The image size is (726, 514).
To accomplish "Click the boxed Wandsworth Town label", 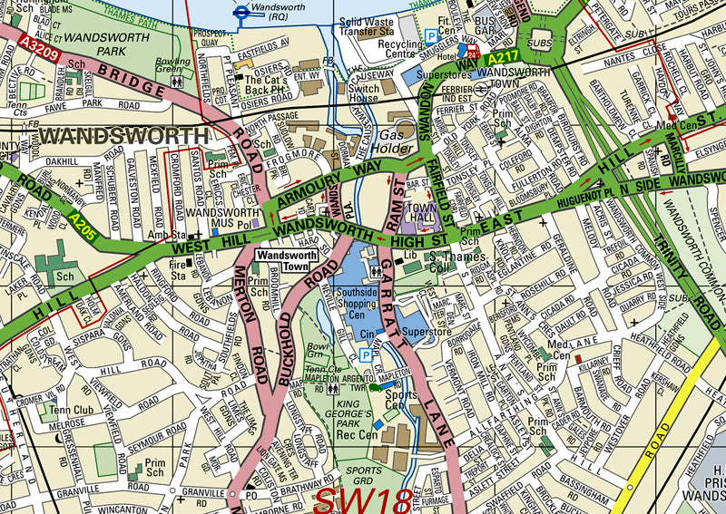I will tap(282, 260).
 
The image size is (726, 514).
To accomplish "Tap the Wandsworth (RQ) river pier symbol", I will tap(241, 12).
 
